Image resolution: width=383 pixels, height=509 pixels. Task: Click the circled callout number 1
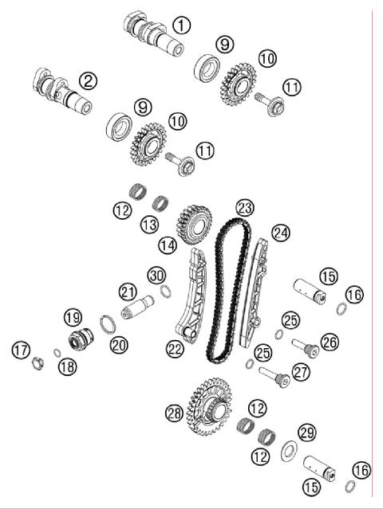point(183,25)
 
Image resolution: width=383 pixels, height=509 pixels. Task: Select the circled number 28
point(174,413)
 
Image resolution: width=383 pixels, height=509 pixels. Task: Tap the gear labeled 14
point(191,222)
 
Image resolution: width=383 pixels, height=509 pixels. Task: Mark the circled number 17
point(22,349)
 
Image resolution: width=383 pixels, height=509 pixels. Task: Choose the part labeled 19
point(79,338)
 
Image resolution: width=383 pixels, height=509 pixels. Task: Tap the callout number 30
point(156,274)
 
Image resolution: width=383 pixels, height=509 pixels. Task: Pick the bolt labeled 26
point(302,347)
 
